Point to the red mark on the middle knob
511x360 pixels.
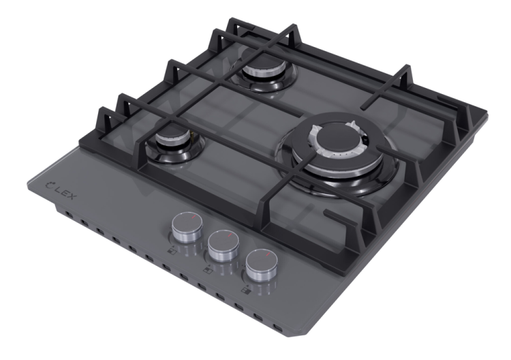click(229, 236)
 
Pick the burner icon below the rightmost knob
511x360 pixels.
click(245, 289)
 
